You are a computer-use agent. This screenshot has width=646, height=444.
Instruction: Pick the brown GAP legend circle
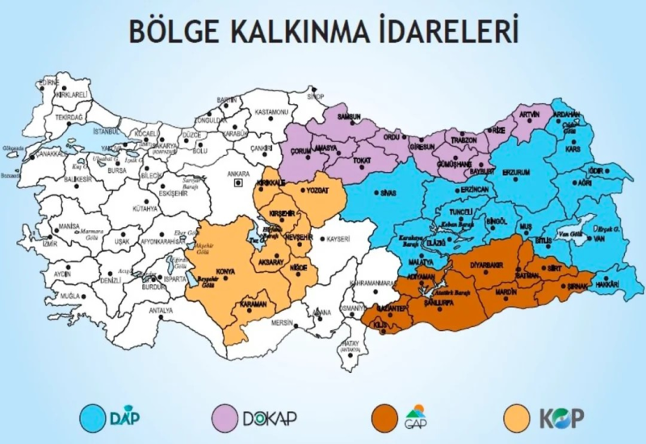[384, 418]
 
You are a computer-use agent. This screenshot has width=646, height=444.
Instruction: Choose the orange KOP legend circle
[514, 418]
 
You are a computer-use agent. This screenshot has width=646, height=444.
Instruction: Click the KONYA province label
[225, 271]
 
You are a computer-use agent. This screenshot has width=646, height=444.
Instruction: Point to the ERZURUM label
[514, 172]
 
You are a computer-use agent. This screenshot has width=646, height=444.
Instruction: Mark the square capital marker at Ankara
[237, 183]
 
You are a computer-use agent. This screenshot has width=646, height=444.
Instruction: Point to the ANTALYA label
[161, 310]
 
